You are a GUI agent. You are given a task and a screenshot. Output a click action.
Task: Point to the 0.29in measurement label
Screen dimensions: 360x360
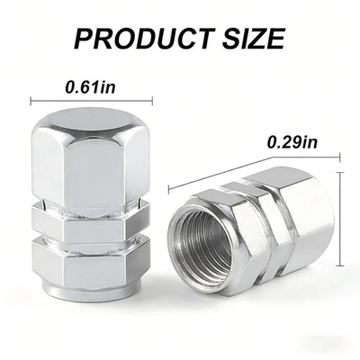[x=292, y=142]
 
